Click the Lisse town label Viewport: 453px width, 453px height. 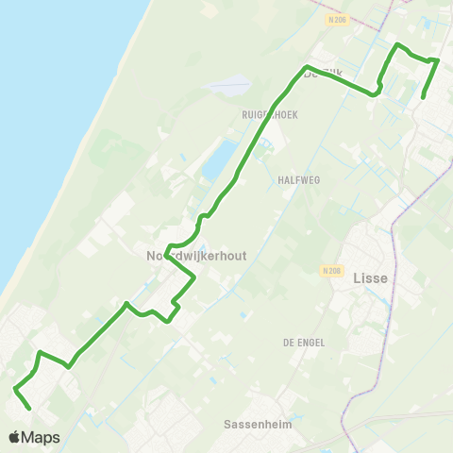370,278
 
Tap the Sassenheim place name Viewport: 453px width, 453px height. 258,425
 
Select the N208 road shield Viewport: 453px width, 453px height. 330,271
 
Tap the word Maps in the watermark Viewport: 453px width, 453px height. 41,437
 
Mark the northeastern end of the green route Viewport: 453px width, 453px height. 422,97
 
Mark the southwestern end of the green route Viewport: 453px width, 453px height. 30,409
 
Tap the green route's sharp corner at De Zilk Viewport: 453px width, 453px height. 306,66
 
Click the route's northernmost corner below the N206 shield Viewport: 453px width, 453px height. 396,44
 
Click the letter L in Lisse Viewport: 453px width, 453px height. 356,278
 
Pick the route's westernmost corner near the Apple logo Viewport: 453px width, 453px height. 15,388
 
